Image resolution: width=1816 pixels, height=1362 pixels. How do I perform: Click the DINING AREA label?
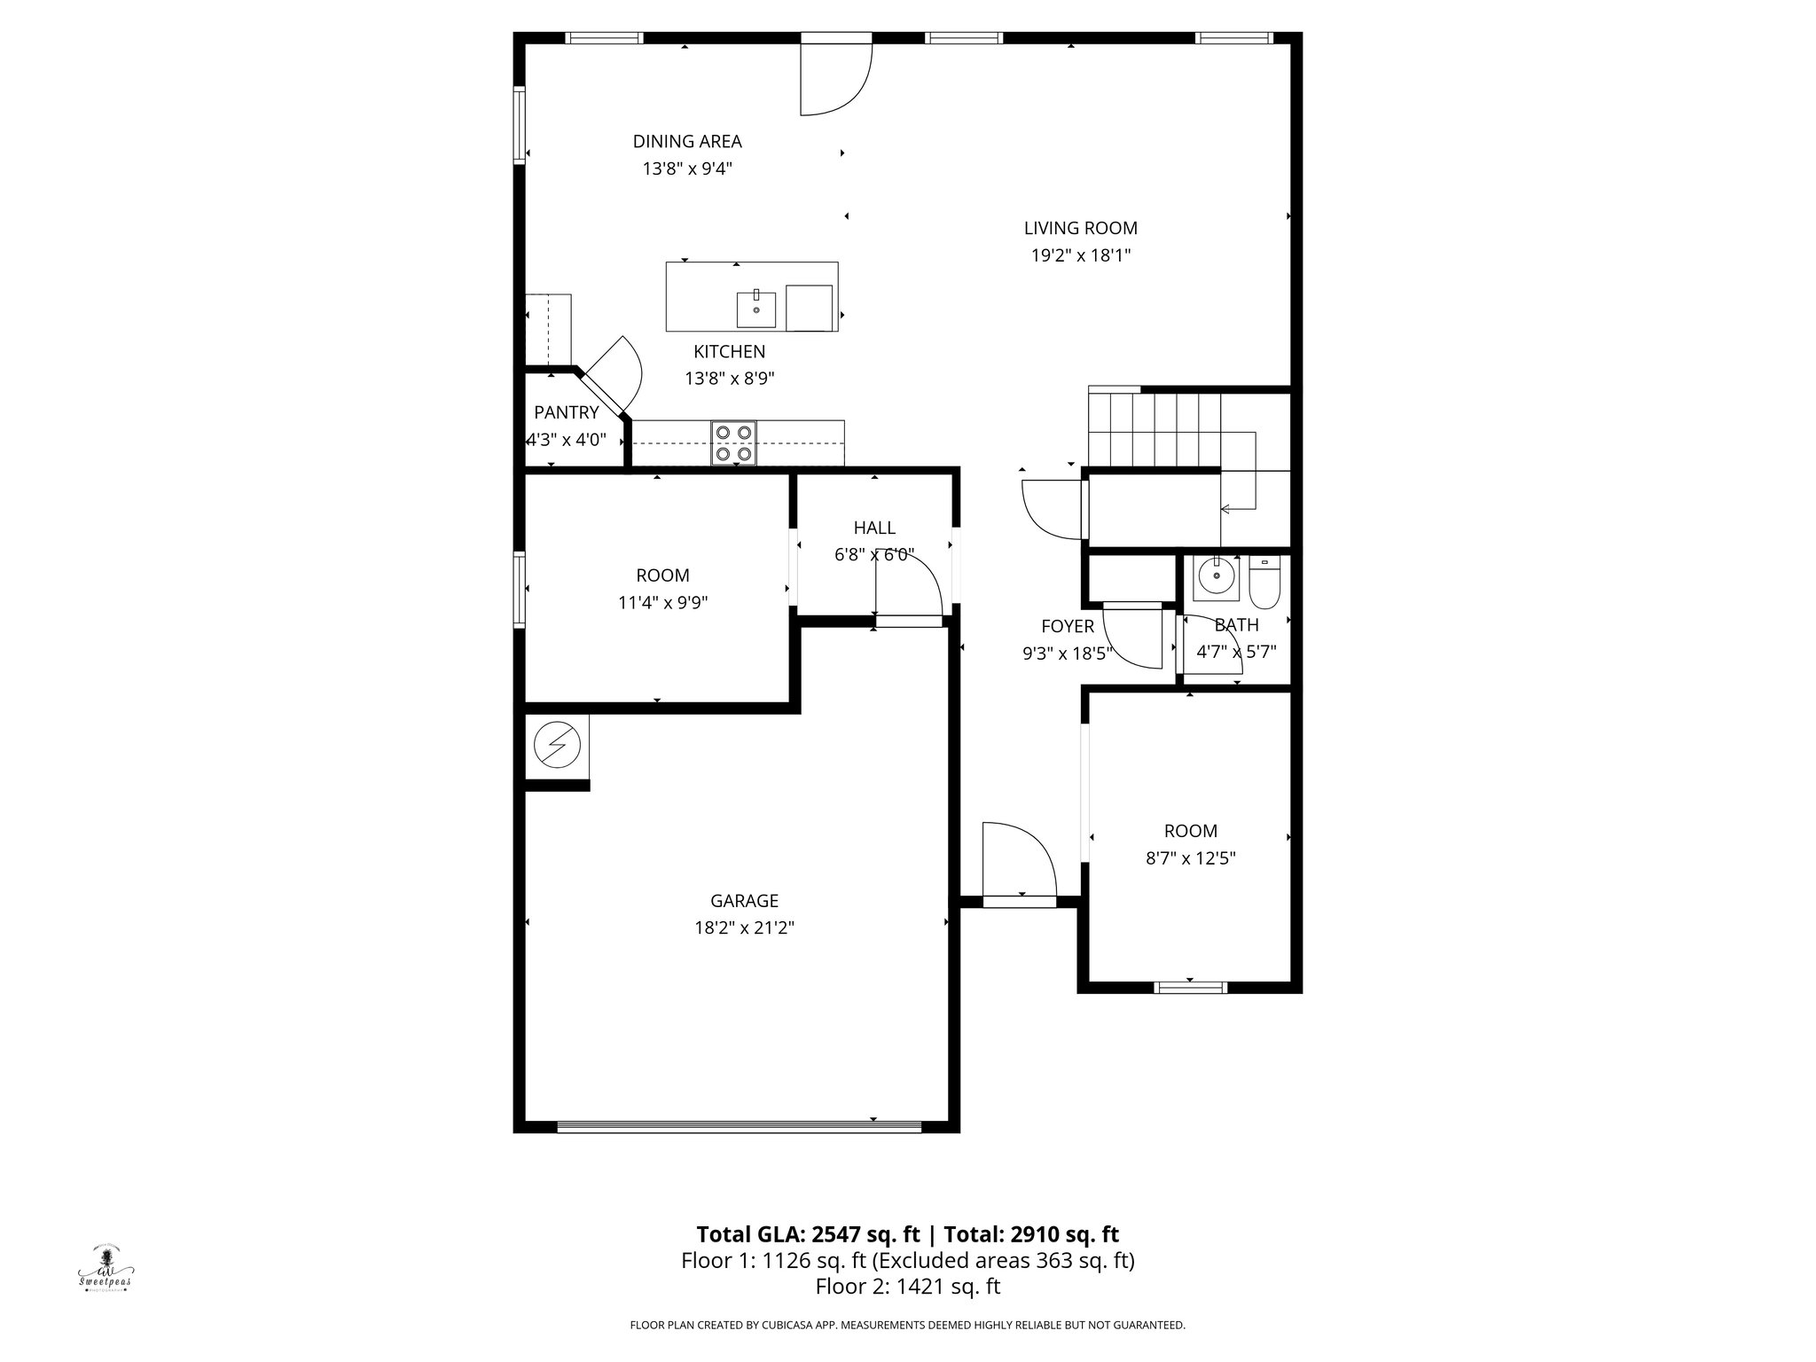[x=687, y=141]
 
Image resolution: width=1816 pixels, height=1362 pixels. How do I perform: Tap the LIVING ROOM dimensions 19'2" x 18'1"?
[x=1080, y=255]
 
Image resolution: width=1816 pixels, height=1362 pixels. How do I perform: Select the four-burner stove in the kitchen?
[x=733, y=443]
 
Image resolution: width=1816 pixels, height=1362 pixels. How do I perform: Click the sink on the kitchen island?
[x=756, y=309]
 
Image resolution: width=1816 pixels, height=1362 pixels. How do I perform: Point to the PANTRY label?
[x=566, y=412]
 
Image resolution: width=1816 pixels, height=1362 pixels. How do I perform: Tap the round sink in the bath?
[x=1216, y=577]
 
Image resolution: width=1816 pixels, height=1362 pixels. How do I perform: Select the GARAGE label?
[x=744, y=901]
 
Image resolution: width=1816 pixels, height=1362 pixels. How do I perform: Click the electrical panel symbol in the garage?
[x=557, y=746]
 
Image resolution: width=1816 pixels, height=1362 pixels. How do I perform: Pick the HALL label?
[x=874, y=528]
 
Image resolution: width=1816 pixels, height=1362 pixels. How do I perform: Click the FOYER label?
[x=1067, y=626]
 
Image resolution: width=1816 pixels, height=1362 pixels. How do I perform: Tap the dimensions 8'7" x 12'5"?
[x=1190, y=858]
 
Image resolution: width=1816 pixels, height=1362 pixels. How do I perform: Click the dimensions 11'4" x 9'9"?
[x=662, y=603]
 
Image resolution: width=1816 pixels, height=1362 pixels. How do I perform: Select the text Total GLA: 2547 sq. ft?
[x=809, y=1234]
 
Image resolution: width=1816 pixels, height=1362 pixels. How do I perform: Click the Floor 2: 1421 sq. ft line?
[x=907, y=1287]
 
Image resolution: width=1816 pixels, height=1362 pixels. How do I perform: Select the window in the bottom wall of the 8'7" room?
[x=1190, y=987]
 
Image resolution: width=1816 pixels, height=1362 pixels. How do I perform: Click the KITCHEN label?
[x=729, y=352]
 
